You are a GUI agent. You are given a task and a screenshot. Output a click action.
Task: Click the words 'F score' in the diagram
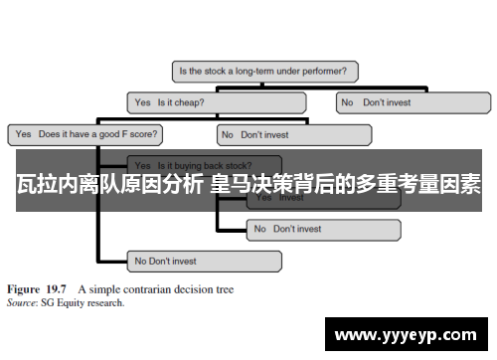click(x=141, y=132)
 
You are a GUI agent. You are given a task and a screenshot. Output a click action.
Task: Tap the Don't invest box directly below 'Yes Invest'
click(x=322, y=229)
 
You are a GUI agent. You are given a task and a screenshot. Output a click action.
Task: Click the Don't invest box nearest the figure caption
click(x=203, y=261)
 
